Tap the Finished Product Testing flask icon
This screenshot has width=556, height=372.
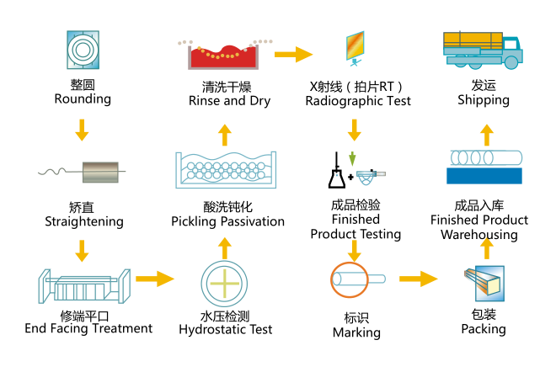point(336,173)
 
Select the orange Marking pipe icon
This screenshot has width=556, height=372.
point(355,279)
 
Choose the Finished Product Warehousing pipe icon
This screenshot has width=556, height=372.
point(487,166)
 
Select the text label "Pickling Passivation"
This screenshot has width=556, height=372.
point(227,222)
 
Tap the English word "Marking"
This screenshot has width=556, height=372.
point(356,332)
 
